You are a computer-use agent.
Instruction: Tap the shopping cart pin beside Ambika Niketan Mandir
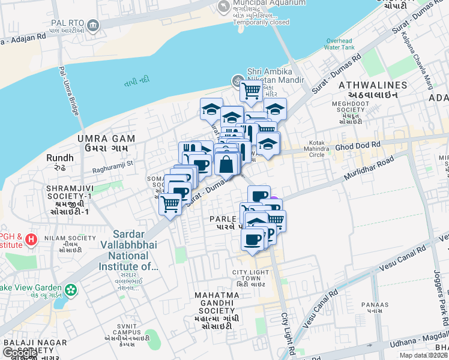point(251,92)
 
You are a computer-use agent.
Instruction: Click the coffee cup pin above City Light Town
point(252,240)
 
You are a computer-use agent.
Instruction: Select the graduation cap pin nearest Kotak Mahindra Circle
point(268,144)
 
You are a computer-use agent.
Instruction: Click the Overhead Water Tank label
point(339,44)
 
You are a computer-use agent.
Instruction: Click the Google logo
point(20,353)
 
